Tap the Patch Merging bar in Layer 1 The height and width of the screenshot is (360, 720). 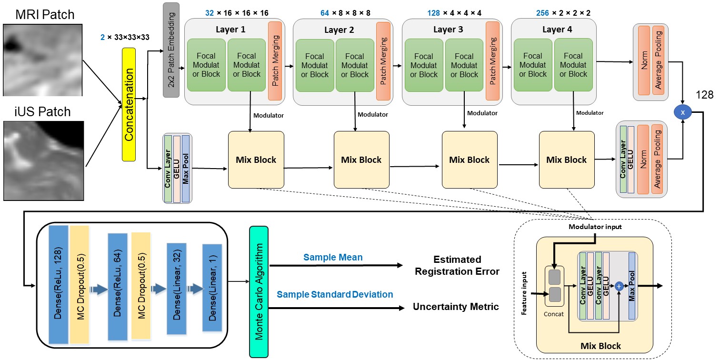tap(275, 61)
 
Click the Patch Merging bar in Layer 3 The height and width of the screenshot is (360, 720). tap(492, 61)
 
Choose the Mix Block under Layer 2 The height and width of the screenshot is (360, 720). tap(361, 160)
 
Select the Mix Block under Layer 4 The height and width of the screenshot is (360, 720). tap(567, 160)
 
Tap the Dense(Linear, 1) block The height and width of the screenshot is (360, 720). tap(212, 288)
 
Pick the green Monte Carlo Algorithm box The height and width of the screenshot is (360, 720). tap(259, 291)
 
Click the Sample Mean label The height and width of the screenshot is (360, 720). tap(333, 258)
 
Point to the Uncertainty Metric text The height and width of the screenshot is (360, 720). tap(456, 307)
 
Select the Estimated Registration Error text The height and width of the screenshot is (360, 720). tap(457, 266)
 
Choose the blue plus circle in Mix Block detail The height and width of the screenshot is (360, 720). tap(619, 286)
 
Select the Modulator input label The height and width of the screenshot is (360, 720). tap(595, 227)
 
